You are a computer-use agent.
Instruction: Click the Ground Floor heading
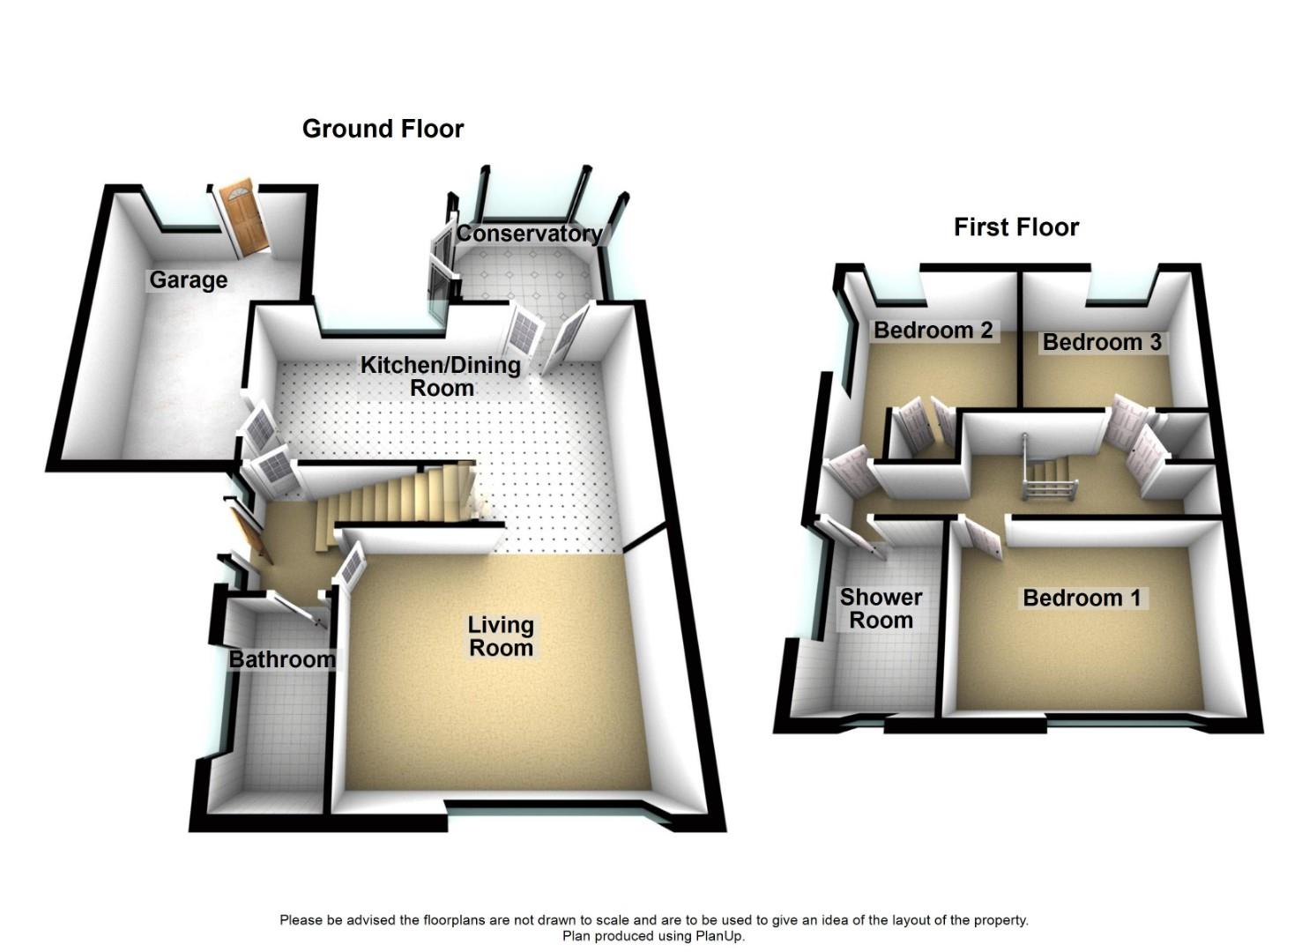(x=383, y=129)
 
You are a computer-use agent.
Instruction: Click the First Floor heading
(x=1015, y=227)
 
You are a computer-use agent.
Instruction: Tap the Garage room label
(x=188, y=280)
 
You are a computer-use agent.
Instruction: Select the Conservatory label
(x=529, y=234)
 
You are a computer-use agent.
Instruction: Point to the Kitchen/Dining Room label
(x=441, y=376)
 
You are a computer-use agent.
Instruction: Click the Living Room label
(x=500, y=636)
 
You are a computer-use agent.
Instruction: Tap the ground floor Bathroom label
(x=282, y=659)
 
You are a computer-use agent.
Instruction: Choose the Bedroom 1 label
(x=1082, y=598)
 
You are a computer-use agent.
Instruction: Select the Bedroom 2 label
(x=933, y=331)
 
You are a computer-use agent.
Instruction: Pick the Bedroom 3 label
(x=1102, y=342)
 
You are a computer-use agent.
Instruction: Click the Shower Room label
(x=881, y=608)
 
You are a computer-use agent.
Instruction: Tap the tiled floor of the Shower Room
(x=881, y=670)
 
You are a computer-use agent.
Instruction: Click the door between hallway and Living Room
(x=351, y=564)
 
